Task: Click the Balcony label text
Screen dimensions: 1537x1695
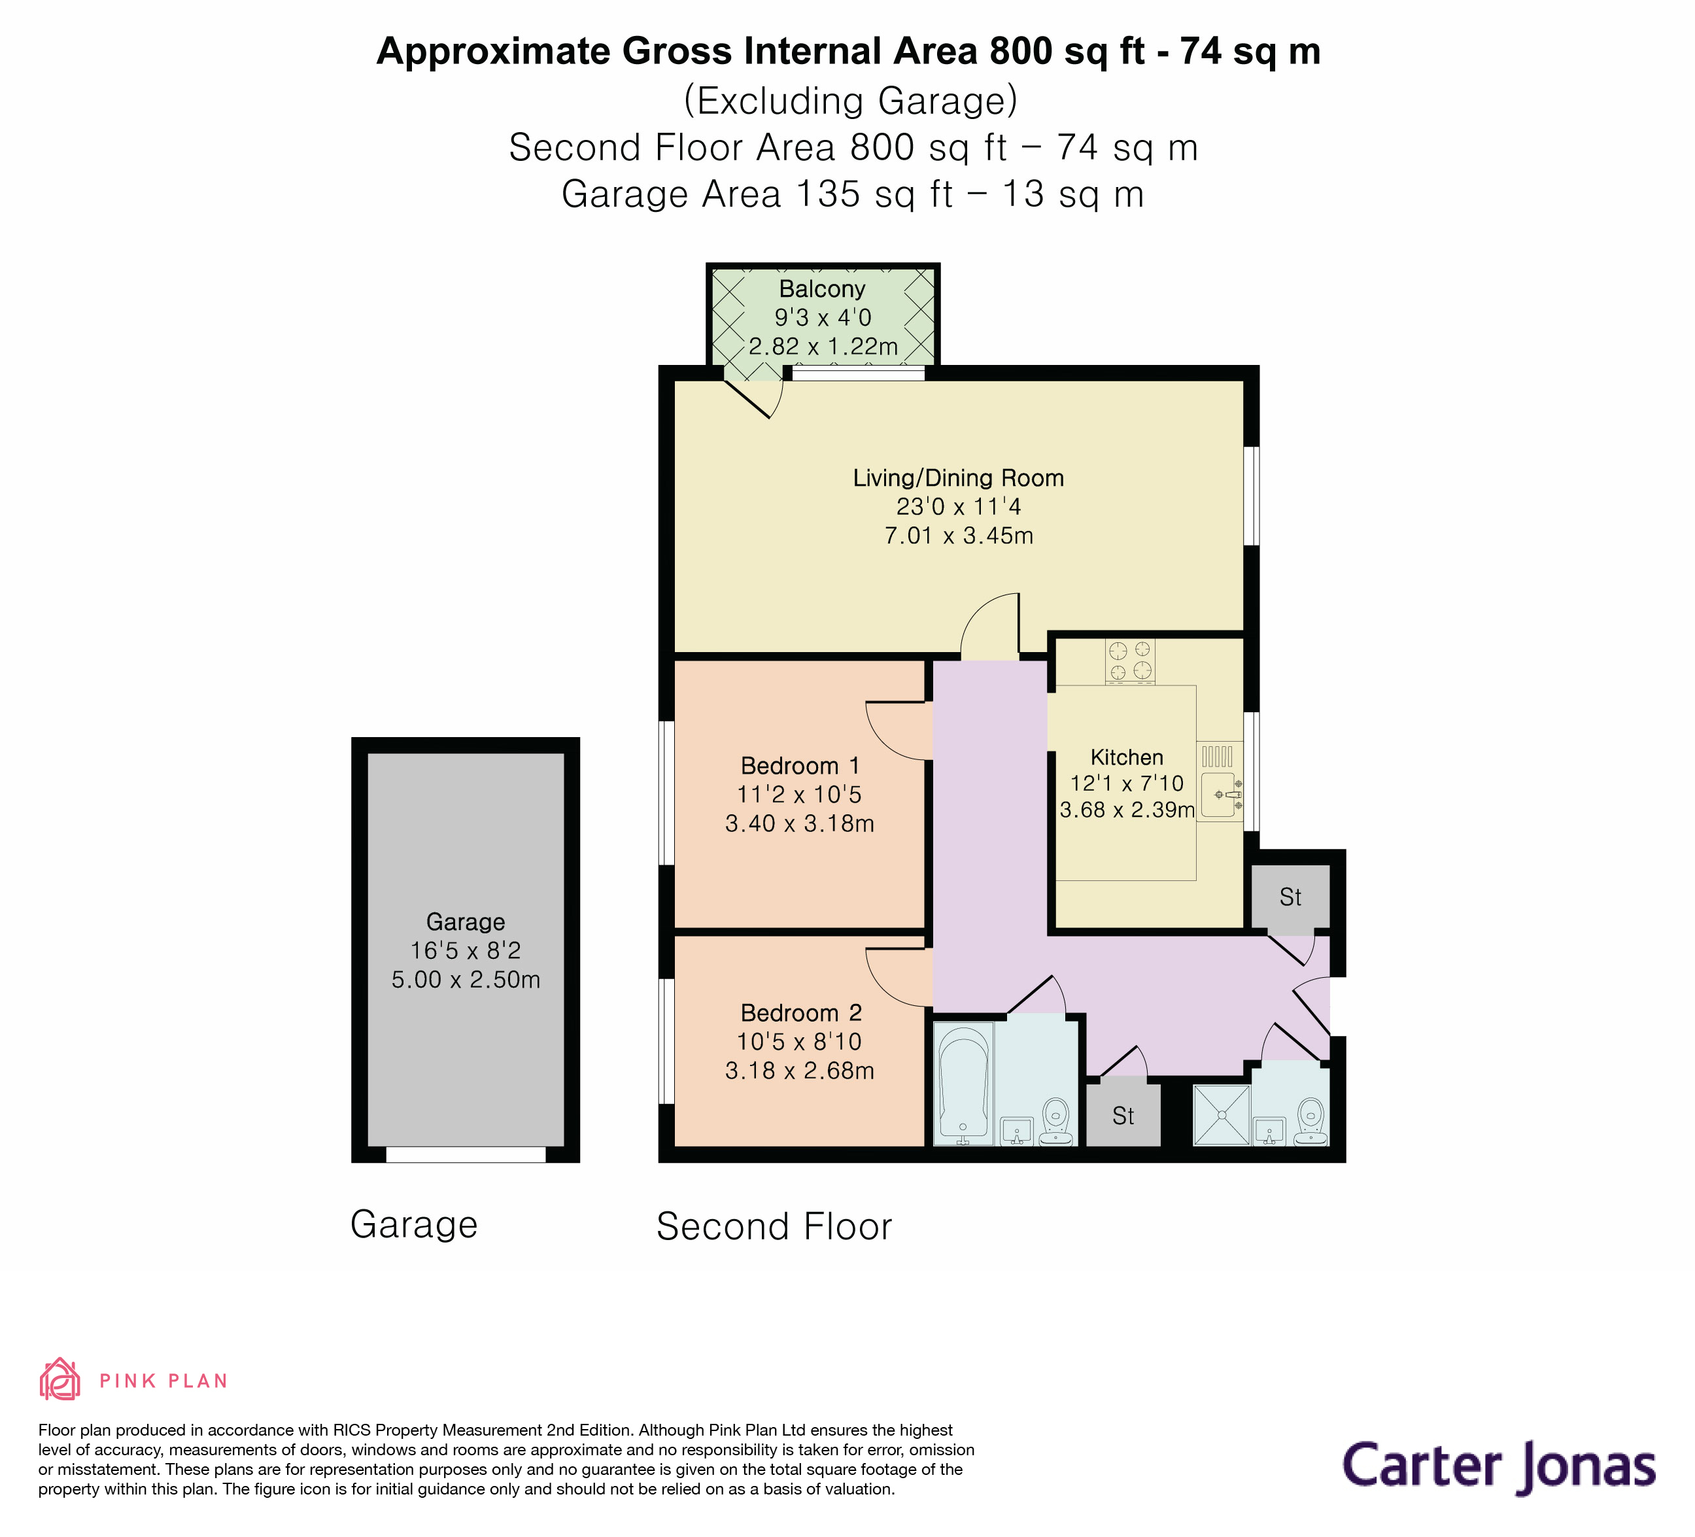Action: point(821,288)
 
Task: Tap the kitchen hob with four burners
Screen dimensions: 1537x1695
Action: point(1129,660)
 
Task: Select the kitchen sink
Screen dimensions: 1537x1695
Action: point(1218,795)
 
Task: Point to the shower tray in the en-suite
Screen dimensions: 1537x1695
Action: point(1222,1115)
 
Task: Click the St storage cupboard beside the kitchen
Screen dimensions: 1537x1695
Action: point(1290,897)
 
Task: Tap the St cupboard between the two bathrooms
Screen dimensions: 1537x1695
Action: point(1123,1116)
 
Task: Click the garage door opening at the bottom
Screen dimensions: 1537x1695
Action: point(465,1154)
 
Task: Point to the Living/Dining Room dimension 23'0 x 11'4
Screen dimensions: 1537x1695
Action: point(959,506)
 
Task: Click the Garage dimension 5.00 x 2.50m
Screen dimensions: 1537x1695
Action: point(465,980)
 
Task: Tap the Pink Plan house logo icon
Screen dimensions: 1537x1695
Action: point(60,1380)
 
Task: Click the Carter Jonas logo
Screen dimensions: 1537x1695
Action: point(1498,1466)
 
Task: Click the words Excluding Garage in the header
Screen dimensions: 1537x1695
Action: point(850,100)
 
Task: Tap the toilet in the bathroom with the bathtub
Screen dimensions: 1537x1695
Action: point(1056,1122)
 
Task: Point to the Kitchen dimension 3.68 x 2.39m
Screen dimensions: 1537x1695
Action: point(1127,810)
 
